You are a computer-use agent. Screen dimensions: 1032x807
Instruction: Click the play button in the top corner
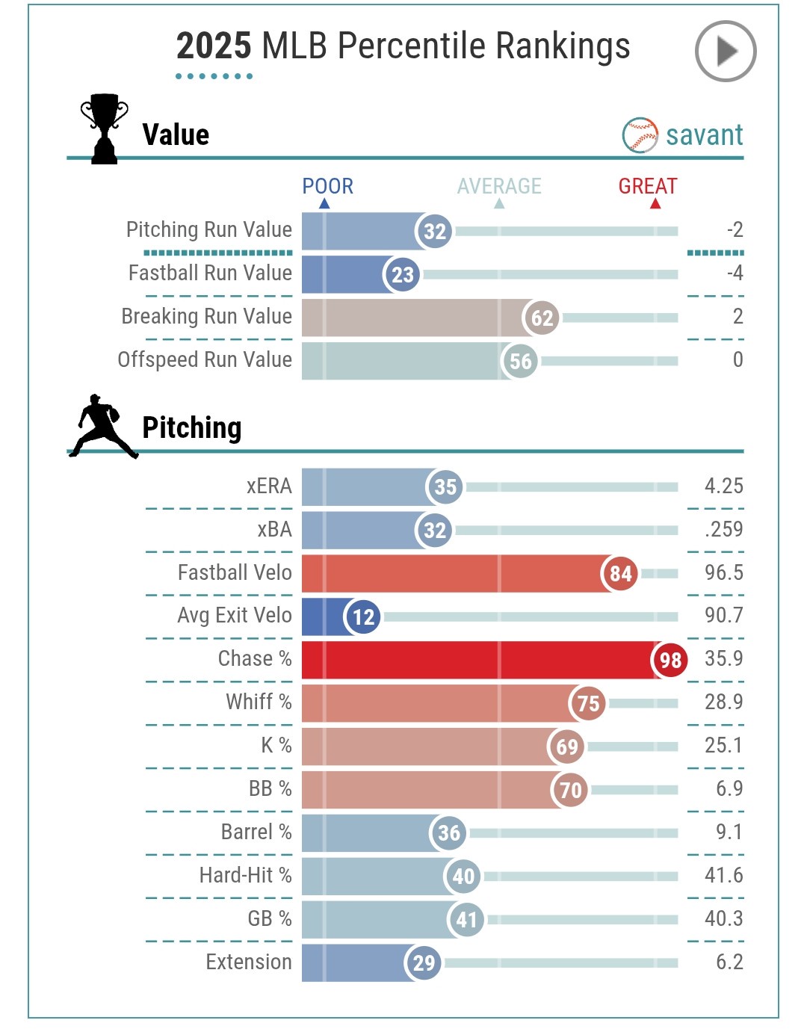pyautogui.click(x=726, y=52)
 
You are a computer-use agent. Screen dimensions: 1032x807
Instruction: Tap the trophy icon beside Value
pyautogui.click(x=104, y=128)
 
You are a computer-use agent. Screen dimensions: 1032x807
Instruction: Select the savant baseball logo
pyautogui.click(x=640, y=135)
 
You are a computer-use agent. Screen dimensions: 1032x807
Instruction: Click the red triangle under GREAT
pyautogui.click(x=655, y=203)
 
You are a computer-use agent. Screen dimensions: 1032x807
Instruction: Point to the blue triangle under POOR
pyautogui.click(x=324, y=203)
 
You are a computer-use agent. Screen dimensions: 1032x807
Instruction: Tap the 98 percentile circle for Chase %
pyautogui.click(x=670, y=660)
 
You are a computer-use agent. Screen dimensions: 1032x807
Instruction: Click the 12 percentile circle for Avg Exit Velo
pyautogui.click(x=363, y=617)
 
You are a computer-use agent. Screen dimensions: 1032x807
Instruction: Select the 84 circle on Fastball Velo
pyautogui.click(x=620, y=574)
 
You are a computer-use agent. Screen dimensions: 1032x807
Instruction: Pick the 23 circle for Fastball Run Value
pyautogui.click(x=402, y=275)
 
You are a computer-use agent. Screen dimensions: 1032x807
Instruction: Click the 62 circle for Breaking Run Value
pyautogui.click(x=542, y=318)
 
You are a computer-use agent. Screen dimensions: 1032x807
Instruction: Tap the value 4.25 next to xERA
pyautogui.click(x=723, y=486)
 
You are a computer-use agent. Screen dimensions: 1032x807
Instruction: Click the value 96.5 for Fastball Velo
pyautogui.click(x=723, y=573)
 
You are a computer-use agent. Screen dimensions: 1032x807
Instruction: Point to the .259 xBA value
pyautogui.click(x=723, y=530)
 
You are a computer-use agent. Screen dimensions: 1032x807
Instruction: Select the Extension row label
pyautogui.click(x=249, y=963)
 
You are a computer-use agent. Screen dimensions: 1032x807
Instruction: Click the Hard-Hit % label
pyautogui.click(x=245, y=876)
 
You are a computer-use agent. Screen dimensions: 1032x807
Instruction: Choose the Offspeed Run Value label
pyautogui.click(x=205, y=360)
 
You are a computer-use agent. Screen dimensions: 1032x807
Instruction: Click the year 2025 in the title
pyautogui.click(x=214, y=46)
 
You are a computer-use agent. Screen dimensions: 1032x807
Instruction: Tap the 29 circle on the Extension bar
pyautogui.click(x=424, y=963)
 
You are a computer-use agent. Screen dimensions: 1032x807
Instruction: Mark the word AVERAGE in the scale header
pyautogui.click(x=499, y=186)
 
